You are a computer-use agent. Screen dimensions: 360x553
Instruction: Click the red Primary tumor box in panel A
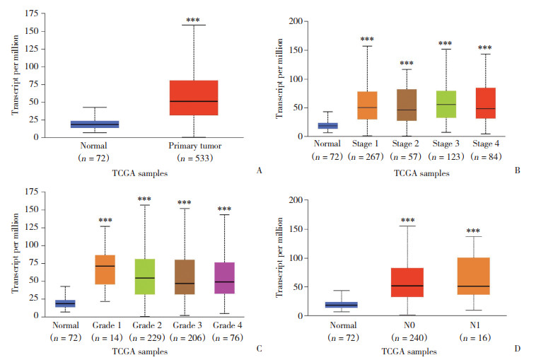(193, 98)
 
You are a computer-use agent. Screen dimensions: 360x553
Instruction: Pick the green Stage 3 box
(445, 104)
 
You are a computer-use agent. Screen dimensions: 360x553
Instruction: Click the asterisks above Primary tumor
(193, 21)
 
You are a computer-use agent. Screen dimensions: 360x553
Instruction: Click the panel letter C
(260, 349)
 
